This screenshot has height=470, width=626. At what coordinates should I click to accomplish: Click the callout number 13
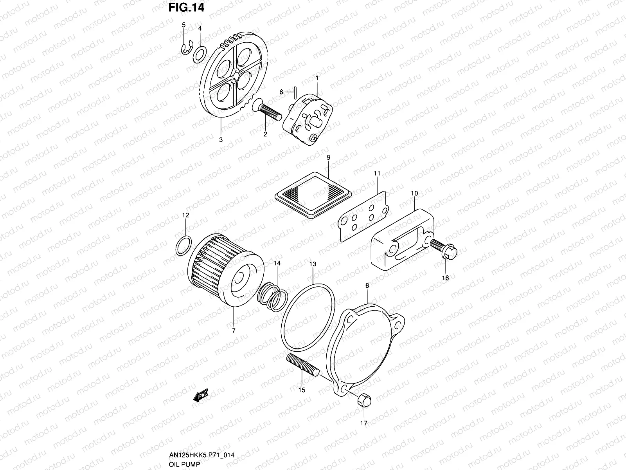click(313, 264)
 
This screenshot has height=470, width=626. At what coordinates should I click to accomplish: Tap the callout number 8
click(367, 286)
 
